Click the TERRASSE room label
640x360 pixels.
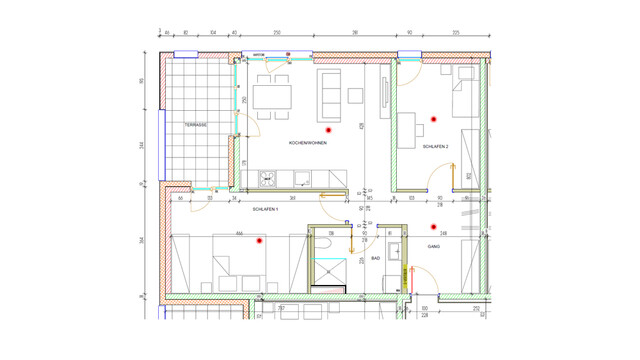click(x=195, y=125)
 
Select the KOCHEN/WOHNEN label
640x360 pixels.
click(x=308, y=143)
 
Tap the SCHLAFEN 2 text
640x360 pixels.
click(x=435, y=147)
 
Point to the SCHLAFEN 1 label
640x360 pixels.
click(x=265, y=209)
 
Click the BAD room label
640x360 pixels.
click(x=375, y=258)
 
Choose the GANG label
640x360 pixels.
click(x=434, y=246)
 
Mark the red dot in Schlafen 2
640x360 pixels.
click(x=434, y=119)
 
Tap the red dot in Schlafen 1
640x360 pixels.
click(x=259, y=241)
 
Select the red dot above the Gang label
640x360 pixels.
click(x=434, y=227)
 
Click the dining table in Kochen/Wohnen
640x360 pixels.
click(x=272, y=96)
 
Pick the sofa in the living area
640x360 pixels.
click(x=329, y=91)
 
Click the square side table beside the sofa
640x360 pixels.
click(x=355, y=95)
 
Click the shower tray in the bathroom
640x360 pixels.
click(x=326, y=272)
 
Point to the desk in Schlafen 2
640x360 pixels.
click(x=408, y=129)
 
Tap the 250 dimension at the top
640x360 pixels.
click(x=276, y=33)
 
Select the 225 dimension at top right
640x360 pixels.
click(x=455, y=33)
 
